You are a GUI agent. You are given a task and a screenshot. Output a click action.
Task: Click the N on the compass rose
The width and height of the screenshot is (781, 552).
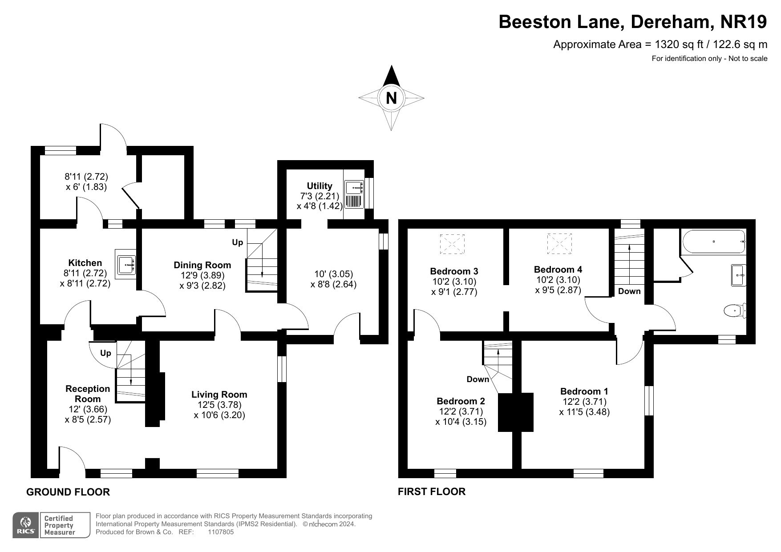click(x=391, y=98)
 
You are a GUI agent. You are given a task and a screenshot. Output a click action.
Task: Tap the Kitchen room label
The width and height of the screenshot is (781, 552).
click(x=85, y=263)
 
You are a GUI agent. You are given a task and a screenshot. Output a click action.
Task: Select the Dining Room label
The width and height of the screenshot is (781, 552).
click(x=202, y=265)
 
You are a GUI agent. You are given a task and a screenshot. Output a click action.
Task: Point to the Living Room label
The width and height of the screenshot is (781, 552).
click(x=219, y=395)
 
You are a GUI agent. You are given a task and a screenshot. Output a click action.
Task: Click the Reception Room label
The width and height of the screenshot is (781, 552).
click(x=88, y=394)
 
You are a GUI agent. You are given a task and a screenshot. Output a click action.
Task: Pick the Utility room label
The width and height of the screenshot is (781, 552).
click(x=320, y=186)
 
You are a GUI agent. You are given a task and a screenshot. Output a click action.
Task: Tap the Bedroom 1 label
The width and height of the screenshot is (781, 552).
click(x=584, y=391)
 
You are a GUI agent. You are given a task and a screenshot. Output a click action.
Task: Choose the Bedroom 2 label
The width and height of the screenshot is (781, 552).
click(x=461, y=401)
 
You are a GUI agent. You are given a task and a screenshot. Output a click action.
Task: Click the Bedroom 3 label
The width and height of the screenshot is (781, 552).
click(x=454, y=271)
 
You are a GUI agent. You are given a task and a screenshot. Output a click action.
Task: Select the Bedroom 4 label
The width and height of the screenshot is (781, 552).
click(x=558, y=270)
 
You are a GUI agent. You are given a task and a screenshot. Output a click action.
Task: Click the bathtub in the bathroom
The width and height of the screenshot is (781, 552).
click(x=713, y=242)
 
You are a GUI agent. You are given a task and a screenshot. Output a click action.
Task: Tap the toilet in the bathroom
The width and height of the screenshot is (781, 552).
click(x=735, y=310)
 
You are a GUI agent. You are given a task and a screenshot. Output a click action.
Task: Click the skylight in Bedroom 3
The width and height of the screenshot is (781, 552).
click(x=452, y=244)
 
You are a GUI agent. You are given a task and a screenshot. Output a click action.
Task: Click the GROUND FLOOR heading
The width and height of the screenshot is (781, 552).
click(x=68, y=492)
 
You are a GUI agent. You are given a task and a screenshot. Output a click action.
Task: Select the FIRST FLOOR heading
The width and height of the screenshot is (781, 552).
click(x=432, y=492)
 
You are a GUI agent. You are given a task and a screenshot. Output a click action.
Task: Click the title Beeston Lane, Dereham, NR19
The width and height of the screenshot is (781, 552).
click(x=633, y=22)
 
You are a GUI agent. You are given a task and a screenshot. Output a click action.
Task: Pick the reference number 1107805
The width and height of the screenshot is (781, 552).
click(x=221, y=532)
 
